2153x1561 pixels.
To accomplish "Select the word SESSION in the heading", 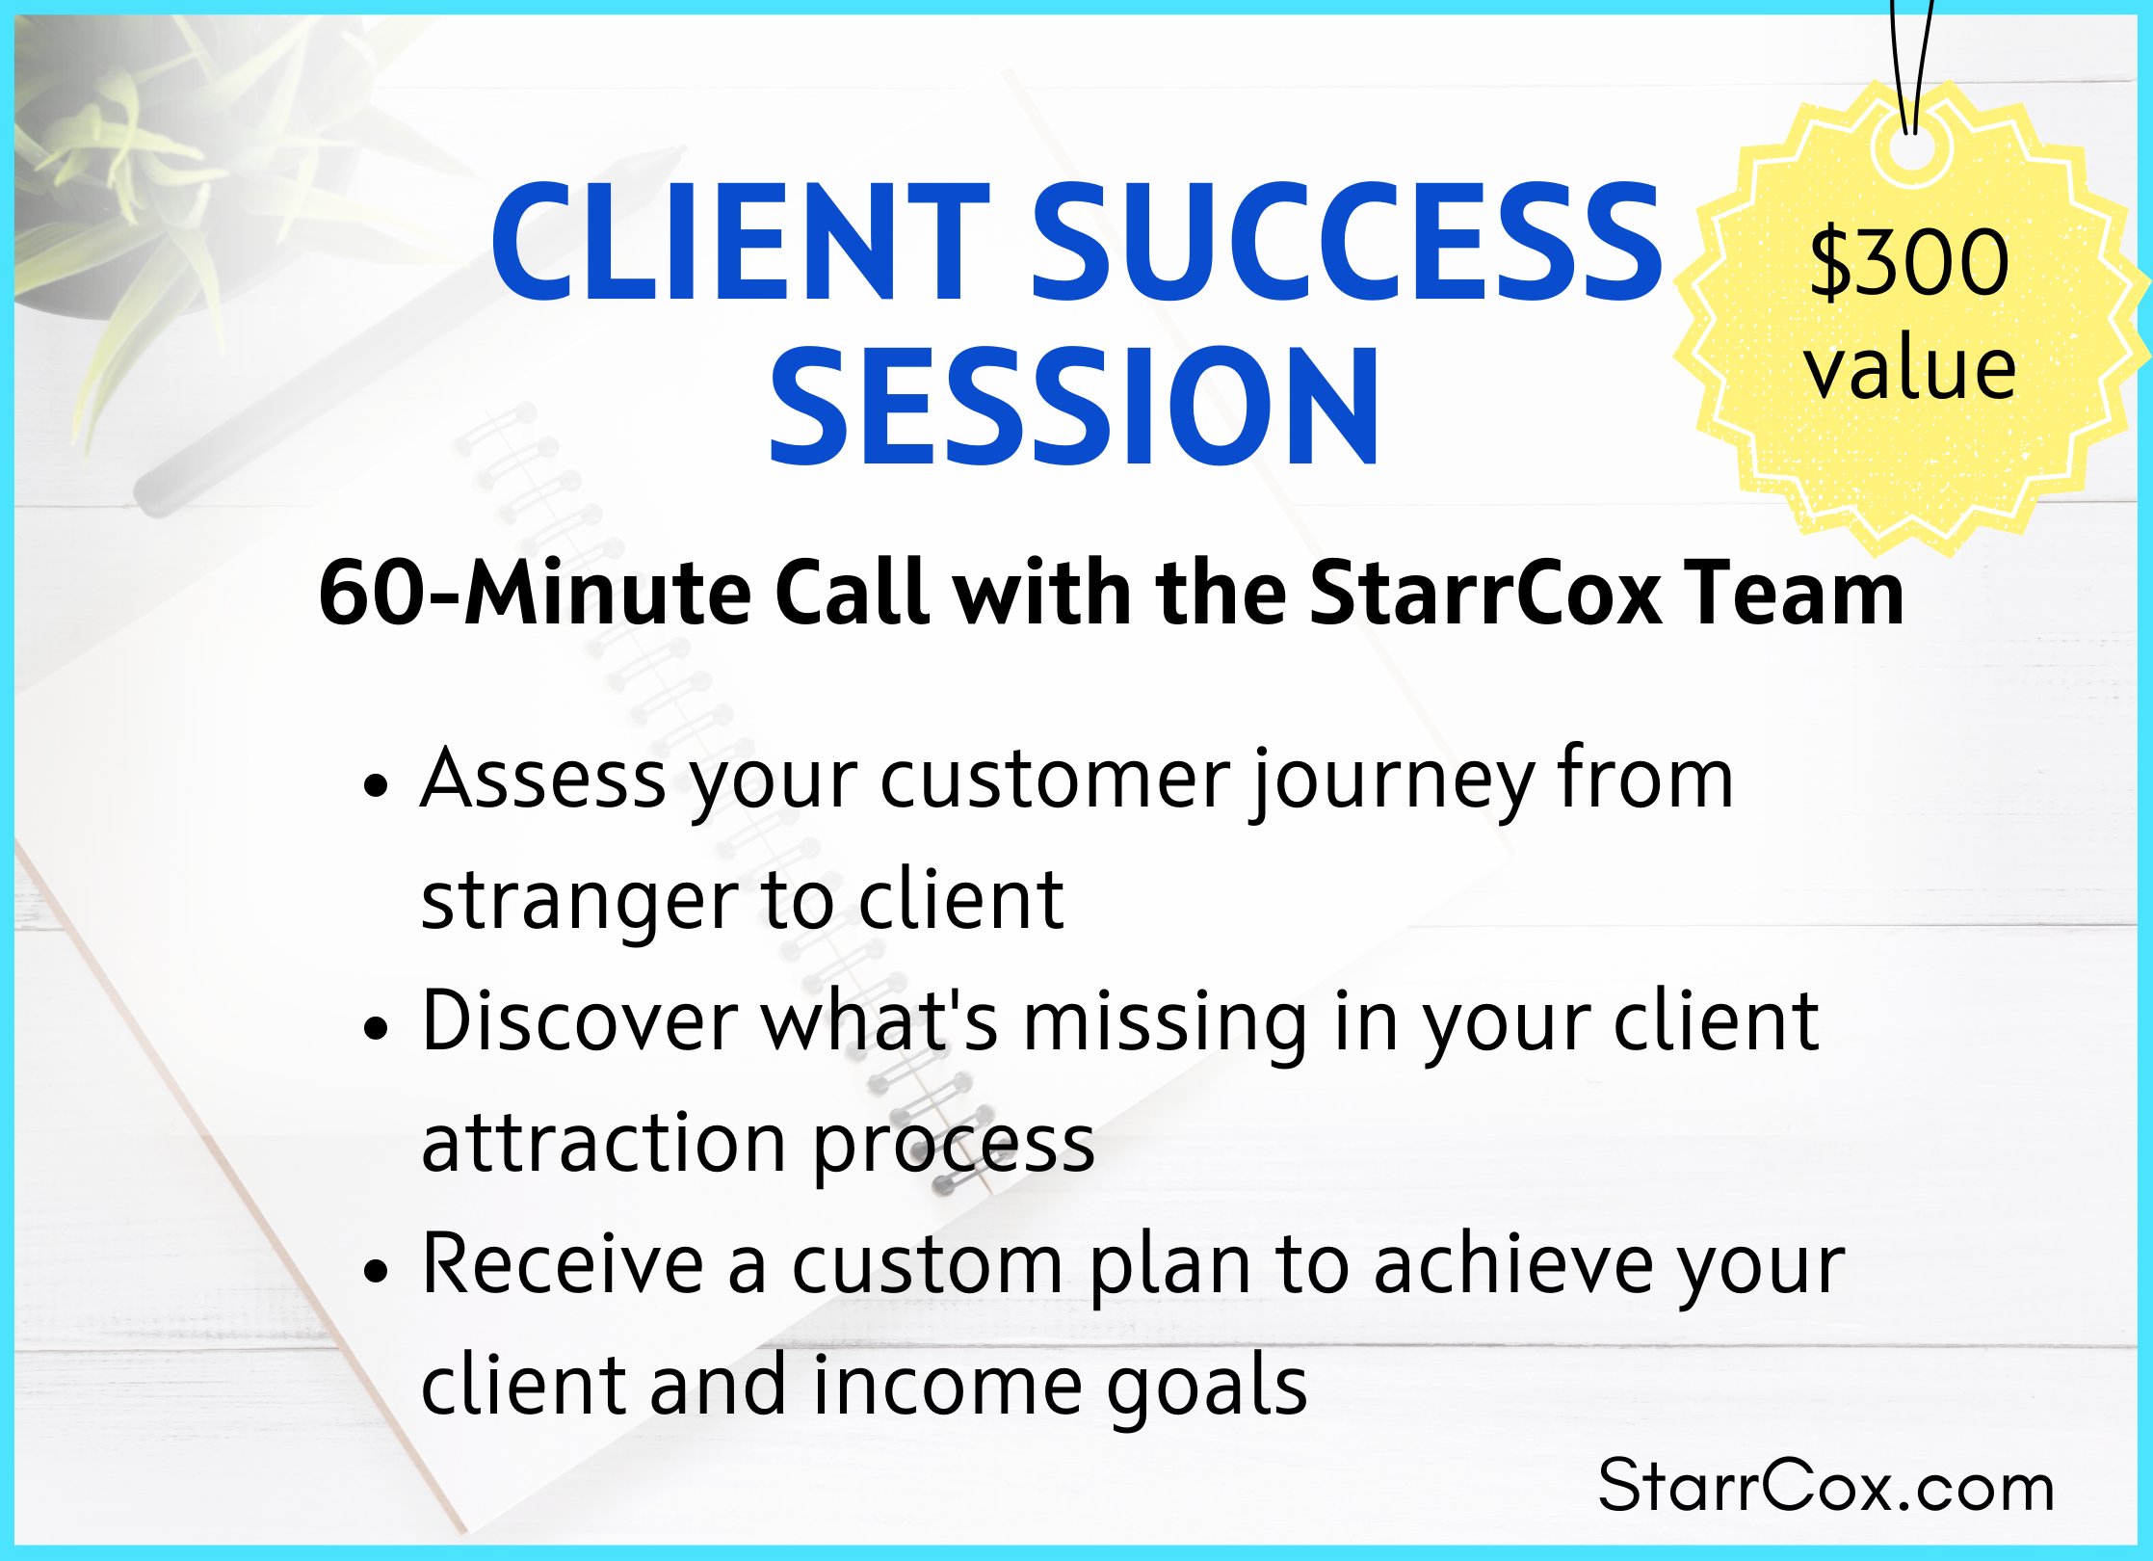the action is pyautogui.click(x=1074, y=406).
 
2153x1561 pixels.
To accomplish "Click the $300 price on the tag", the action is pyautogui.click(x=1909, y=262).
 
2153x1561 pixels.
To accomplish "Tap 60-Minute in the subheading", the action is pyautogui.click(x=535, y=593).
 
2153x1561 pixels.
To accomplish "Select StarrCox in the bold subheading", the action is pyautogui.click(x=1484, y=593).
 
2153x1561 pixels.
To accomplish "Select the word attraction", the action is pyautogui.click(x=604, y=1144).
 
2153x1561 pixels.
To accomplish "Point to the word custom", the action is pyautogui.click(x=928, y=1265).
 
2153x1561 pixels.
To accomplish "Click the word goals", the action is pyautogui.click(x=1207, y=1388).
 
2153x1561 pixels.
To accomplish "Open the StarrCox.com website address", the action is pyautogui.click(x=1825, y=1486).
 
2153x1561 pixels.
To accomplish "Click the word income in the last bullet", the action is pyautogui.click(x=947, y=1386).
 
